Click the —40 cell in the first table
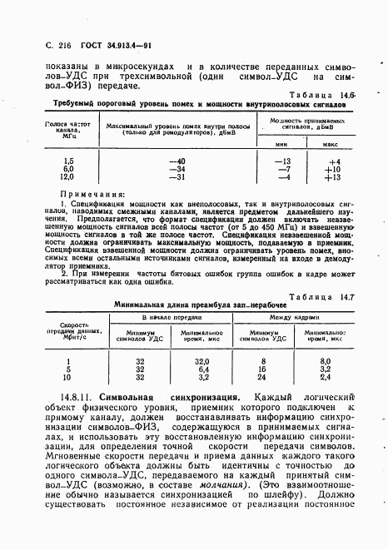pyautogui.click(x=176, y=160)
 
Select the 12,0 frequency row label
pyautogui.click(x=67, y=176)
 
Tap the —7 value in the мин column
pyautogui.click(x=284, y=168)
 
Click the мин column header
pyautogui.click(x=283, y=145)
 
